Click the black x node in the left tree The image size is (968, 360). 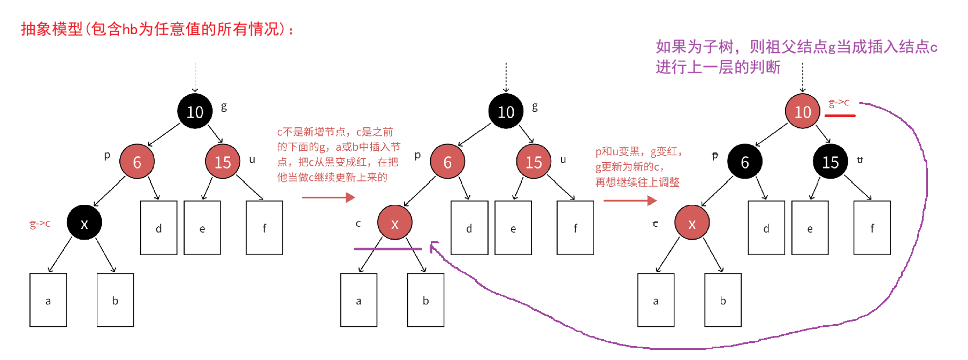point(84,223)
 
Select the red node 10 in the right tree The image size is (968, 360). point(802,111)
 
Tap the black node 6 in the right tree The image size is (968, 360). point(744,162)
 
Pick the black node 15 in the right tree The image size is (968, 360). point(830,162)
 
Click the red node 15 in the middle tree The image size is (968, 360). point(533,162)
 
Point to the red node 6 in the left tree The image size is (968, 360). point(137,162)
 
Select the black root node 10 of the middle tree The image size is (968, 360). point(506,111)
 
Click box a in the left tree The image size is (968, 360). point(48,300)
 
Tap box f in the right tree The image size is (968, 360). point(872,228)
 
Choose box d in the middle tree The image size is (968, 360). point(469,228)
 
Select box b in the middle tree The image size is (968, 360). point(425,300)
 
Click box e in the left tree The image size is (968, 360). point(202,228)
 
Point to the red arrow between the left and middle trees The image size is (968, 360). point(328,197)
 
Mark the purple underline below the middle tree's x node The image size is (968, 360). point(388,249)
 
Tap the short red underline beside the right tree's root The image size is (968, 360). point(840,116)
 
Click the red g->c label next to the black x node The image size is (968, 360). point(40,224)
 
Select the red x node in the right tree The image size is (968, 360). point(691,223)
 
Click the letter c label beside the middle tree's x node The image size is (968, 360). point(358,224)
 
